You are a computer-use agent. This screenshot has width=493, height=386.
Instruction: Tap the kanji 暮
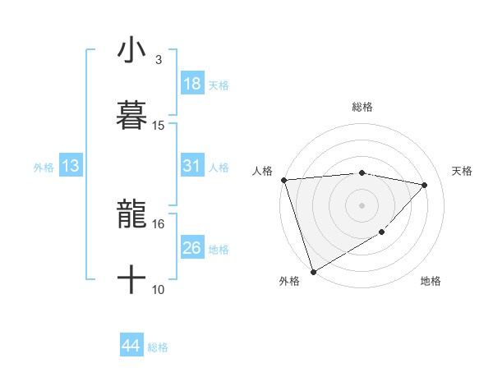point(131,115)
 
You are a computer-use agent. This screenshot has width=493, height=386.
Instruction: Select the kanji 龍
point(131,215)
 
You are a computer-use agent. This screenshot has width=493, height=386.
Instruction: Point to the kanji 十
point(131,279)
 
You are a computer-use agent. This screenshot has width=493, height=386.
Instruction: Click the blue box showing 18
point(192,84)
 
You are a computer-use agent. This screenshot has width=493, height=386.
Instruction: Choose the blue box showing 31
point(192,166)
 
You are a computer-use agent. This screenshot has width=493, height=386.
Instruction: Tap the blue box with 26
point(192,248)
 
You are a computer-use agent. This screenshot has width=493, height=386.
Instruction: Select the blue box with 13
point(71,166)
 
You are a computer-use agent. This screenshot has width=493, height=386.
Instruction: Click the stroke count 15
point(159,126)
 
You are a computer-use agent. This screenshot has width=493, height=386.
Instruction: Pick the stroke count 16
point(159,223)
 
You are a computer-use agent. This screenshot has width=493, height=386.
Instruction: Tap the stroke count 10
point(159,289)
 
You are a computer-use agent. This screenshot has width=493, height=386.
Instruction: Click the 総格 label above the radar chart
point(362,107)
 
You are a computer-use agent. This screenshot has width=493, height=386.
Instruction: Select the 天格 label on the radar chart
point(463,171)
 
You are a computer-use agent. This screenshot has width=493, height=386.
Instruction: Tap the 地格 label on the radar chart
point(431,282)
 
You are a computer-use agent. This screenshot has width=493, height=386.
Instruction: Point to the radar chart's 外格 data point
point(313,272)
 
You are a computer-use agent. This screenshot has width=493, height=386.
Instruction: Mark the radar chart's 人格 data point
point(283,180)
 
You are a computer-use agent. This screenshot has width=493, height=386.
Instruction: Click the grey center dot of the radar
point(362,205)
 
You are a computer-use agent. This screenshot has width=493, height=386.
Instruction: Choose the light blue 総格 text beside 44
point(158,347)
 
